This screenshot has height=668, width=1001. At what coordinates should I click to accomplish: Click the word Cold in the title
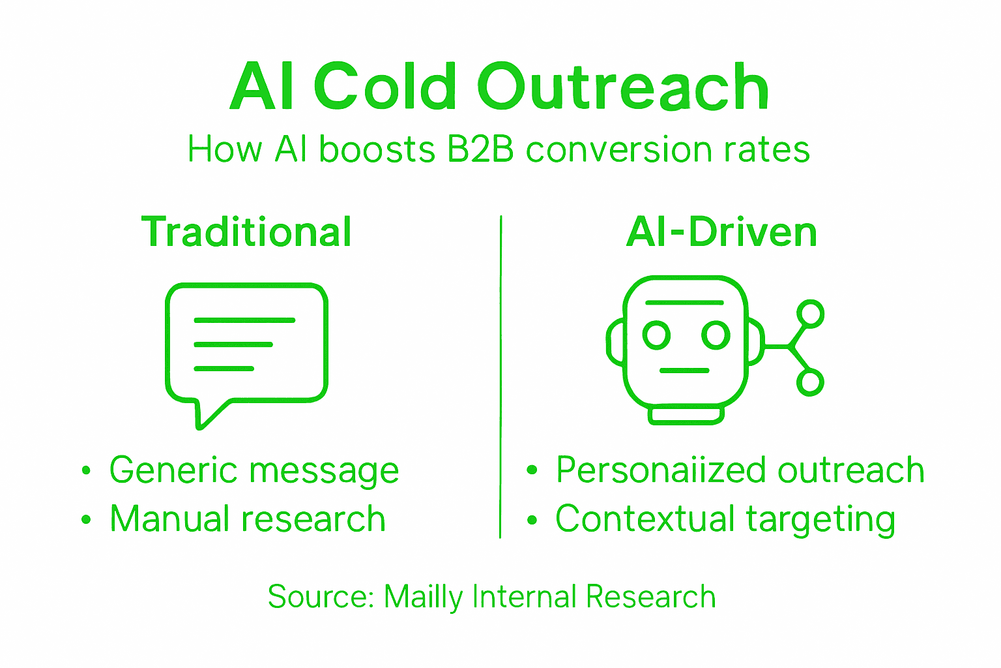pos(384,87)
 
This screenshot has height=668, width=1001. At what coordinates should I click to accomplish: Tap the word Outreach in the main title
pos(624,87)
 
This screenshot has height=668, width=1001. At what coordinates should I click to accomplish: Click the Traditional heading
pos(246,232)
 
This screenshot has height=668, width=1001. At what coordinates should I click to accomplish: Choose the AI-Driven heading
pos(721,232)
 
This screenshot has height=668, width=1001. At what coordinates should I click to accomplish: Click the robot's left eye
pos(656,335)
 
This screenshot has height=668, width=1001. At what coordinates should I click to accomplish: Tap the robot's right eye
pos(716,335)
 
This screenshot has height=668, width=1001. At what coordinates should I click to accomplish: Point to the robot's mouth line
pos(684,371)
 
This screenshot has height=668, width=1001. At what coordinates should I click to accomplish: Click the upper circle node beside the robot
pos(811,314)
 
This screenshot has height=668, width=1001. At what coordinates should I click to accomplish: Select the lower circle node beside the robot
pos(811,382)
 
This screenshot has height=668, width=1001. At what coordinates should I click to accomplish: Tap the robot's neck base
pos(686,415)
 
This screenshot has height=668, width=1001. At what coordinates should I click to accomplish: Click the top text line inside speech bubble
pos(244,320)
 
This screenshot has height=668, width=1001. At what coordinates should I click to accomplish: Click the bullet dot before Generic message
pos(86,471)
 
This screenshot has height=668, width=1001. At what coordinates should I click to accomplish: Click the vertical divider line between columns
pos(500,378)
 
